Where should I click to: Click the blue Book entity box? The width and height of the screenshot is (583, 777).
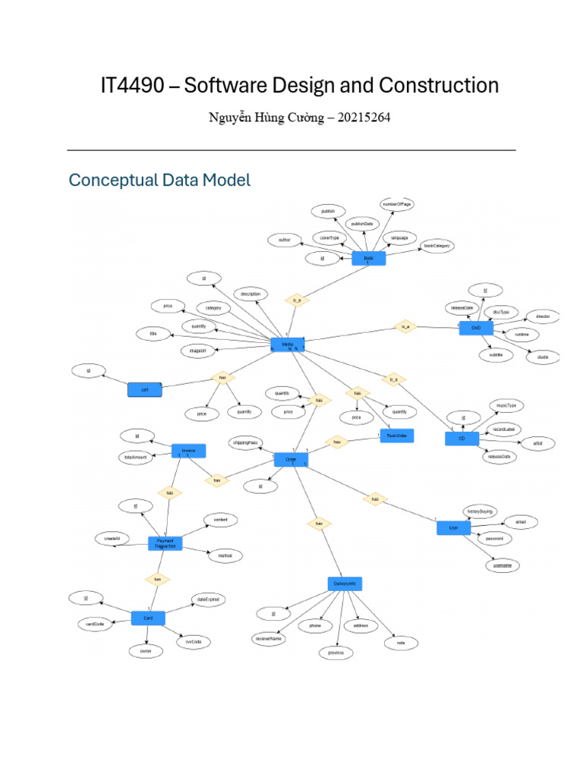369,259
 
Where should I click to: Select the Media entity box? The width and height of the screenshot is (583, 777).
288,344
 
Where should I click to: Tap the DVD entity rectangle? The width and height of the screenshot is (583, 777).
477,328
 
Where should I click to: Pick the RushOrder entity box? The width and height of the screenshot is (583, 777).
396,436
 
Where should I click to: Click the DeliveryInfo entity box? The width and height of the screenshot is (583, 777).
345,584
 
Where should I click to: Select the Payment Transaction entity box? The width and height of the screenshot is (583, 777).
165,543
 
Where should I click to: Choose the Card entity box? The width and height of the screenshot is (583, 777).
148,618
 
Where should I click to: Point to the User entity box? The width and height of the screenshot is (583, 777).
454,527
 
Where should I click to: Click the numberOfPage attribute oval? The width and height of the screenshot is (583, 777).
397,205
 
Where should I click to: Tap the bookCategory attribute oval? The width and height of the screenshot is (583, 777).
437,247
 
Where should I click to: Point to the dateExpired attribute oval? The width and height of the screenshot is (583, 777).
208,599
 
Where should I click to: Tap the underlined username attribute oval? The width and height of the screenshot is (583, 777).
502,565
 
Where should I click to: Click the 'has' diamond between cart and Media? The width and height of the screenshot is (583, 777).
222,376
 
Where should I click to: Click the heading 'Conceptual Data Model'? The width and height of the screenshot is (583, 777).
159,181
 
